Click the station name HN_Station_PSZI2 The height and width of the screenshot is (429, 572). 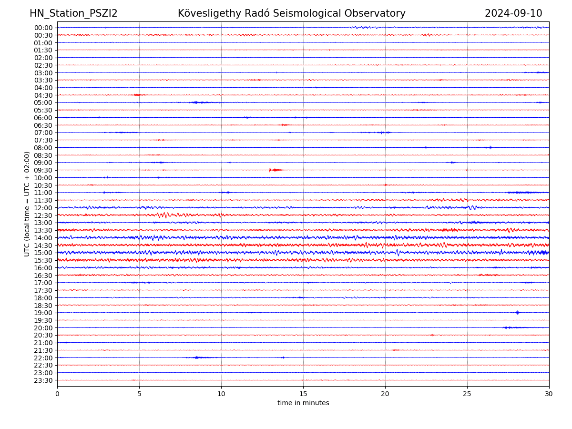click(73, 13)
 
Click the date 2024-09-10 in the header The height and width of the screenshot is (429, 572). click(513, 13)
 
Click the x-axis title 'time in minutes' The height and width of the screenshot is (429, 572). click(303, 403)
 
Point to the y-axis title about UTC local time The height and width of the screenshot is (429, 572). click(27, 204)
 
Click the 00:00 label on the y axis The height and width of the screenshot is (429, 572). click(43, 28)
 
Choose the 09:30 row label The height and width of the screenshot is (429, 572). click(43, 170)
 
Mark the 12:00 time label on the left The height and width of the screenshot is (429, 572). click(43, 208)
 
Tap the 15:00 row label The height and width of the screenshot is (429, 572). click(43, 253)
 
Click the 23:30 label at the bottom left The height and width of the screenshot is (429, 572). click(43, 380)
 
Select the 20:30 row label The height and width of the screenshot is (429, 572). click(43, 335)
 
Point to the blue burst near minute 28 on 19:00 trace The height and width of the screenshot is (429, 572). click(517, 313)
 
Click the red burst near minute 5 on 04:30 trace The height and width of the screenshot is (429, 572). click(137, 95)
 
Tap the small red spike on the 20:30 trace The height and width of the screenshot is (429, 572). click(432, 335)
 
